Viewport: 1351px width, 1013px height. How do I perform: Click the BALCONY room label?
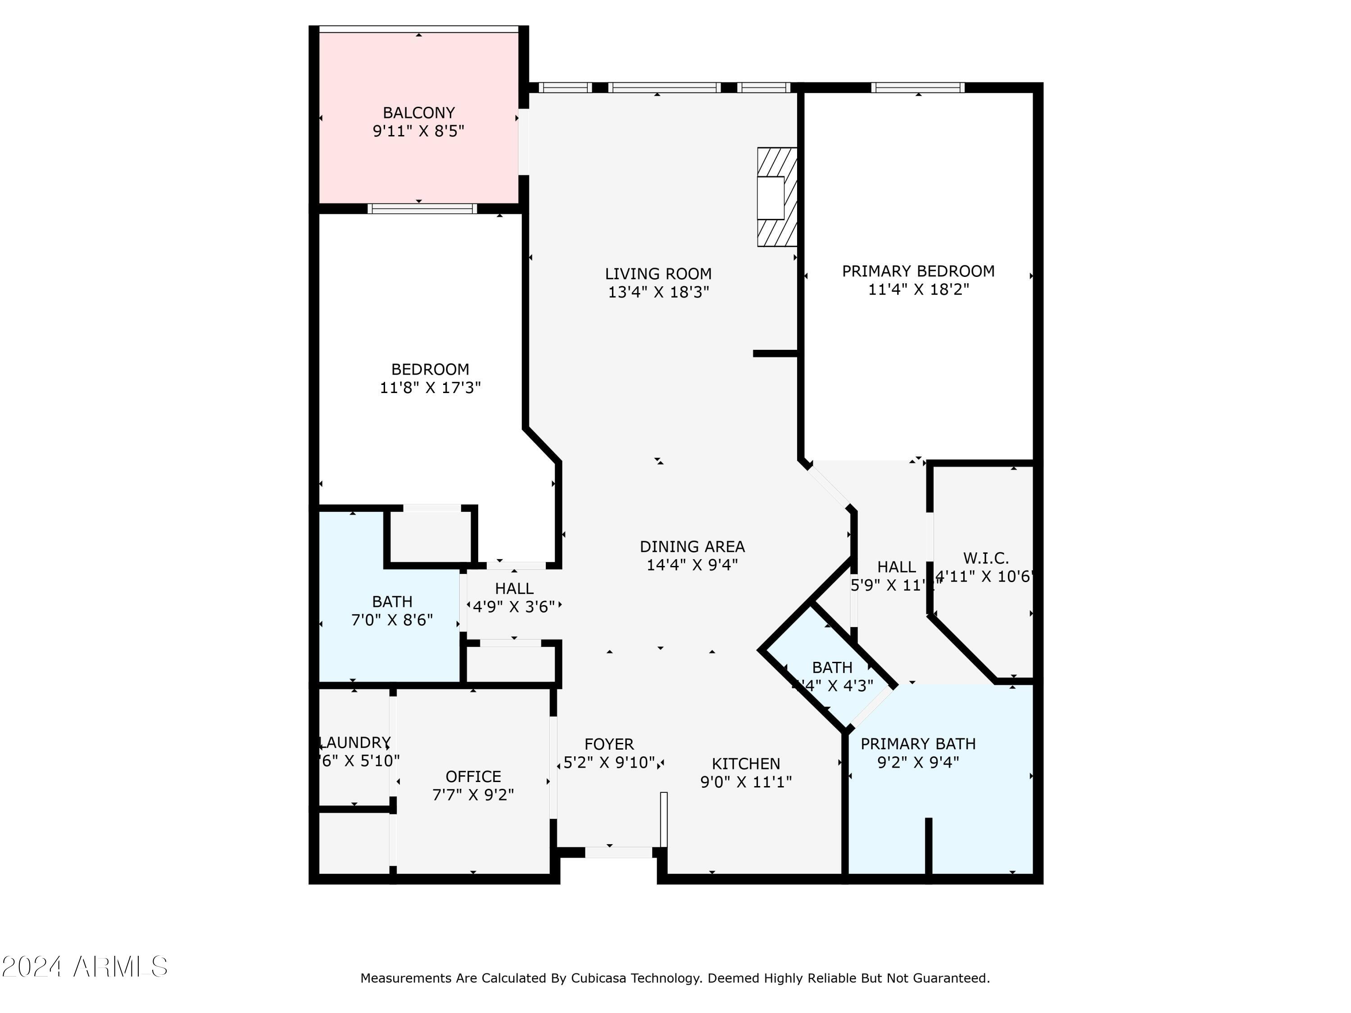(418, 113)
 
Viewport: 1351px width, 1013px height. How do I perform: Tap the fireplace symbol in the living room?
(776, 197)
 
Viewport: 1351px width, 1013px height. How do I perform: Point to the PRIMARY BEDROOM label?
(918, 271)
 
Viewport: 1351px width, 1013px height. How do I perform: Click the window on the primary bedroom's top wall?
(917, 87)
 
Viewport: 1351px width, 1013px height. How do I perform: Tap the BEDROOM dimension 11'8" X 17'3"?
(430, 388)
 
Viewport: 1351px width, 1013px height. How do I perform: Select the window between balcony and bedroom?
(422, 209)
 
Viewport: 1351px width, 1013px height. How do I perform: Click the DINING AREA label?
(692, 547)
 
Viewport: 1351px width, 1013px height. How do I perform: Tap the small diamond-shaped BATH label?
(832, 667)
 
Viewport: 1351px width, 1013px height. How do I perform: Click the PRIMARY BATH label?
(918, 744)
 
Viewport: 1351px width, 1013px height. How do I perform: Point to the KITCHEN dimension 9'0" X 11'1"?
(746, 782)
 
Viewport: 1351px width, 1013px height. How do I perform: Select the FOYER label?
(609, 744)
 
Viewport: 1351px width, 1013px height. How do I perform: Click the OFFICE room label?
(473, 777)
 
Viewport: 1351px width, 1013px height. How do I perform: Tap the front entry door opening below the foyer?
(619, 852)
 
